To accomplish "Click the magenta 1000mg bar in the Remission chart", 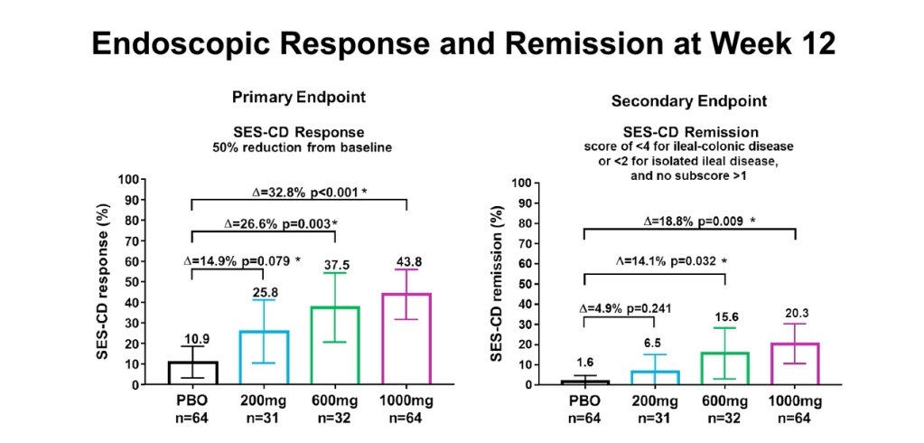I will coord(795,363).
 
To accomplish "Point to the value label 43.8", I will coord(406,262).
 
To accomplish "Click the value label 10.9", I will coord(192,338).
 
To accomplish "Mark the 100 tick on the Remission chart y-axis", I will coord(518,184).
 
